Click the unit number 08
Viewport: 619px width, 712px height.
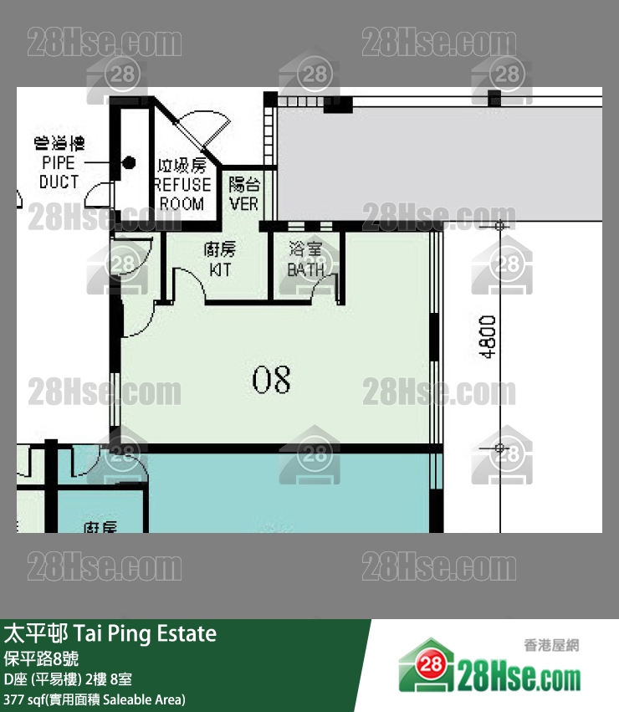click(x=272, y=380)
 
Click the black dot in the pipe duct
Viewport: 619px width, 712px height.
click(x=129, y=163)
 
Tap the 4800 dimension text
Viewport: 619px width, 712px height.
click(x=489, y=337)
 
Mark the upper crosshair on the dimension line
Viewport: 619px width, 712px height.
click(x=500, y=225)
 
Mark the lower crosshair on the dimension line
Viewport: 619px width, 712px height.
click(x=500, y=448)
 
